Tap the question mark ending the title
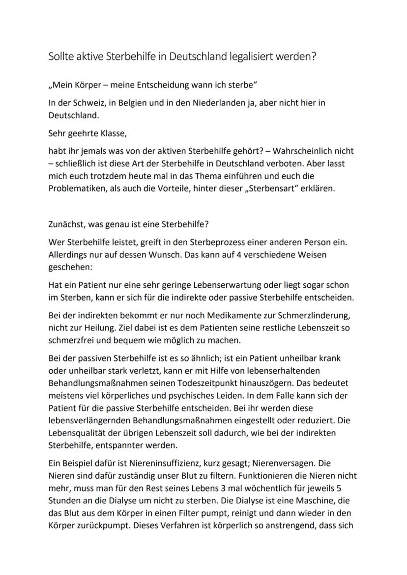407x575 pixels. [x=314, y=56]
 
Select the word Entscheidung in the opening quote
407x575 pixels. [x=166, y=85]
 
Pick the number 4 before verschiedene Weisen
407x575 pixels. [x=256, y=255]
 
